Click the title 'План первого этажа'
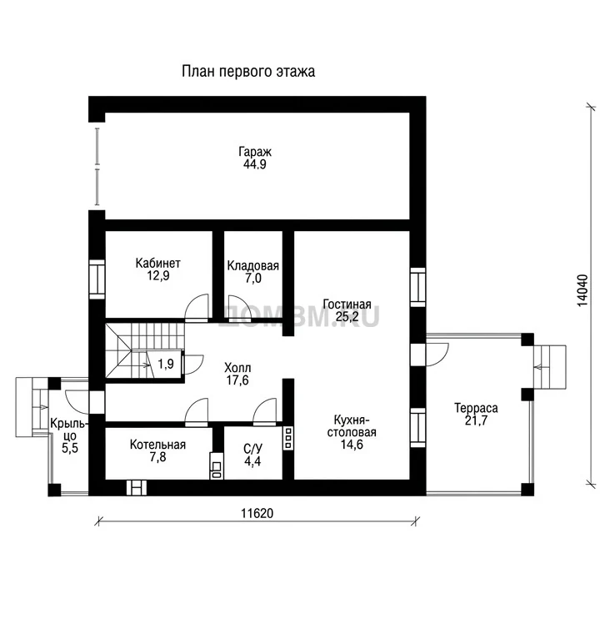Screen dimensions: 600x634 (248, 72)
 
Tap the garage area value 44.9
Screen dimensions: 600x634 (254, 164)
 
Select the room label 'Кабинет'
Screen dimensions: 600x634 (157, 264)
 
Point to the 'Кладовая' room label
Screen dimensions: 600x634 (253, 265)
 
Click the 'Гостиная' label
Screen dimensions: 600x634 (347, 304)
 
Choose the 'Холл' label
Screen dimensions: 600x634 (237, 368)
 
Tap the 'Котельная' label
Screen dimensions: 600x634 (157, 445)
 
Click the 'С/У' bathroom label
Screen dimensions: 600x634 (253, 449)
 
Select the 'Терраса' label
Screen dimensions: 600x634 (476, 408)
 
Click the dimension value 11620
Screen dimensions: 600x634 (257, 513)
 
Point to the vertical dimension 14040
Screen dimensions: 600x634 (582, 290)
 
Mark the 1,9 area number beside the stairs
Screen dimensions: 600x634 (166, 364)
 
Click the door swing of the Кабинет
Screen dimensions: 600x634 (197, 306)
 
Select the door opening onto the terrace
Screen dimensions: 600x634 (437, 355)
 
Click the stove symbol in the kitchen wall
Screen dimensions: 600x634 (288, 438)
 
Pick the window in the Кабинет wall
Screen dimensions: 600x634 (97, 279)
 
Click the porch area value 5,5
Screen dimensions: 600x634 (70, 448)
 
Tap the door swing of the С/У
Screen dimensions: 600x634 (265, 410)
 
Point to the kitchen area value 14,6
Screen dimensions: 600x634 (352, 445)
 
